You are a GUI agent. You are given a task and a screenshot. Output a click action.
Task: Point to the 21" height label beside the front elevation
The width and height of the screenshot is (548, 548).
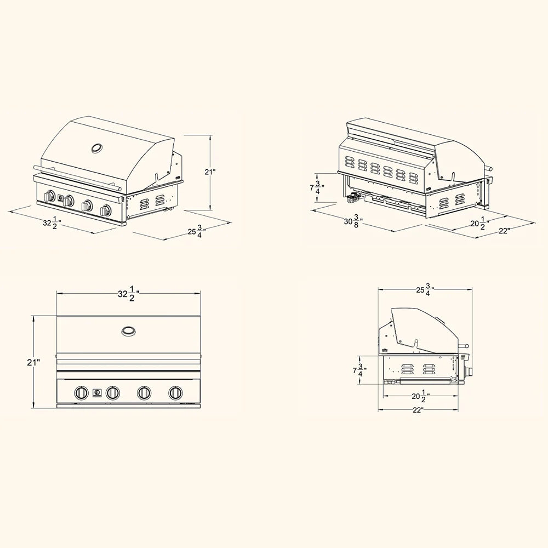pos(33,362)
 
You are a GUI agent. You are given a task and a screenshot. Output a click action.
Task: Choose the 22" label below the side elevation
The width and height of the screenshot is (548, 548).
pos(418,410)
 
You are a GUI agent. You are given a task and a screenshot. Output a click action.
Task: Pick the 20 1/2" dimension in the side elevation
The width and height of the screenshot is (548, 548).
pos(420,396)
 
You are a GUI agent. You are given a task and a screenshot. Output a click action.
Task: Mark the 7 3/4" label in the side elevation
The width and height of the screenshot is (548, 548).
pos(359,370)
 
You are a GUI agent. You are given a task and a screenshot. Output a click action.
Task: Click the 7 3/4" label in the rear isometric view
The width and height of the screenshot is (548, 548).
pos(317,188)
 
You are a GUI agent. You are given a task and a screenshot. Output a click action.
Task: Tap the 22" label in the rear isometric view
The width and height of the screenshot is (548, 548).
pos(504,231)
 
